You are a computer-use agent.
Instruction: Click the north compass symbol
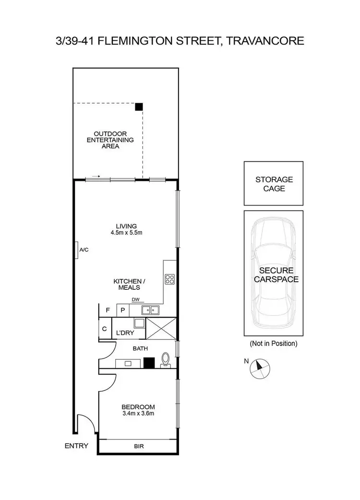click(259, 368)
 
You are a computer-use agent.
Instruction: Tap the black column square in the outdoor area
click(139, 107)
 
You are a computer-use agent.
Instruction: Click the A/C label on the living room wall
click(84, 250)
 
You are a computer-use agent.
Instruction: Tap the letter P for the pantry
click(122, 310)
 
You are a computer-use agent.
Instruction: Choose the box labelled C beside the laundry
click(105, 329)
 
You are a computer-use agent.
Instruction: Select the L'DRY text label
click(122, 333)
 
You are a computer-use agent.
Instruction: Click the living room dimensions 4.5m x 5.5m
click(126, 233)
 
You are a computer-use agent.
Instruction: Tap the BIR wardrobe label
click(138, 446)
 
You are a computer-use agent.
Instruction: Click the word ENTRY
click(76, 446)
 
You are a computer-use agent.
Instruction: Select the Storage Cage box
click(274, 184)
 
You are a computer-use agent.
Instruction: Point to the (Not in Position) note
click(274, 343)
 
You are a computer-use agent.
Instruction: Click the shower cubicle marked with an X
click(160, 329)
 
